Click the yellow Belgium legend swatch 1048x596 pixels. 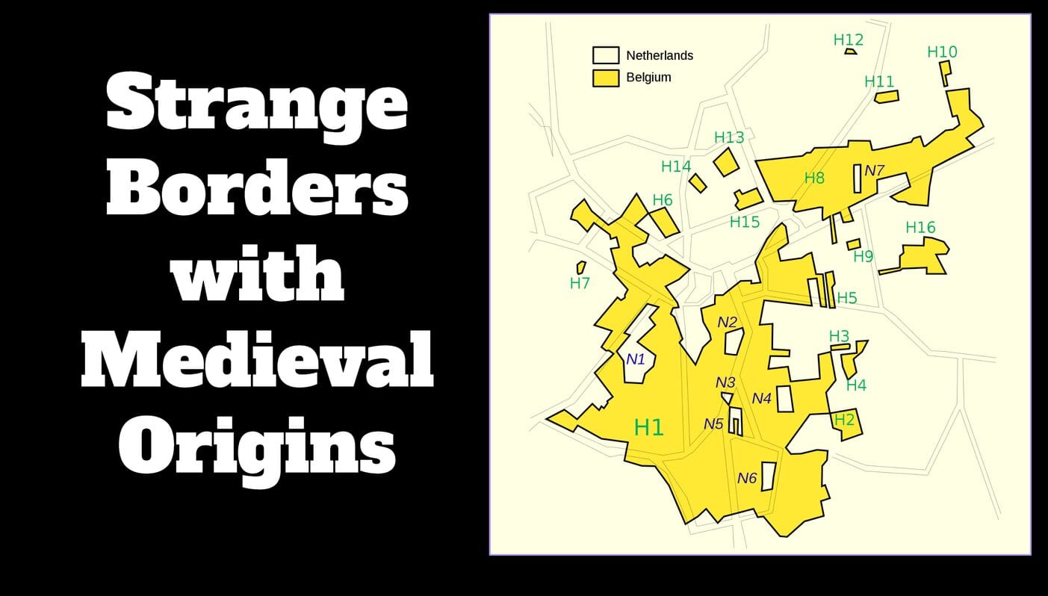(x=605, y=78)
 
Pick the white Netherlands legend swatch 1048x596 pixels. (x=605, y=55)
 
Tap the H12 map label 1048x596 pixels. (x=848, y=40)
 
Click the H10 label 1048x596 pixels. (x=941, y=52)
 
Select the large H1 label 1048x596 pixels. (x=648, y=427)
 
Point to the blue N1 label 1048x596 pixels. (x=635, y=359)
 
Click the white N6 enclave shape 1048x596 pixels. (x=767, y=477)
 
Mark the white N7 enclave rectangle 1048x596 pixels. (x=858, y=179)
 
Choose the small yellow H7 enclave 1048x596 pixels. (x=580, y=267)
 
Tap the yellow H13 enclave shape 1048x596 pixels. (x=725, y=161)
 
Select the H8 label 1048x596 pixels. (x=814, y=178)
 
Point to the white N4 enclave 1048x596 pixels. (x=784, y=399)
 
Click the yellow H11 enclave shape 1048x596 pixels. (x=887, y=96)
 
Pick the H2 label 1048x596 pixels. (x=843, y=420)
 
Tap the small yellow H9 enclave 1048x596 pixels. (x=853, y=244)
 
